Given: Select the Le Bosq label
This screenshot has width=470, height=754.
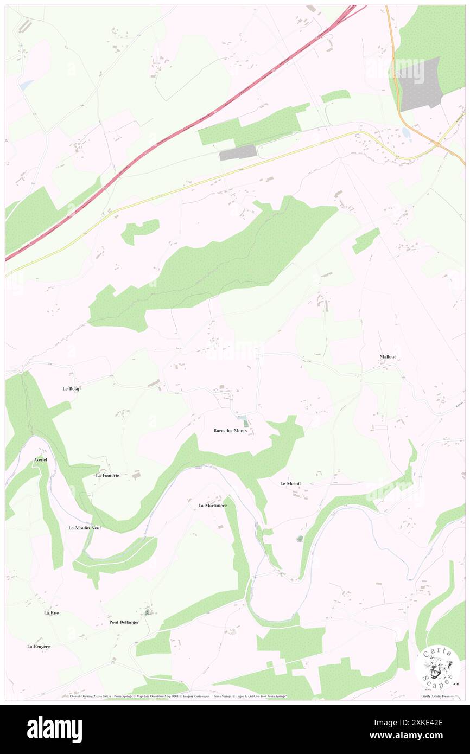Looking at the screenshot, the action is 71,389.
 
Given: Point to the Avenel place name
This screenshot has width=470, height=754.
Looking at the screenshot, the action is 41,459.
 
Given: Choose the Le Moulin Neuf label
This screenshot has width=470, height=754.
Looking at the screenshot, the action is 85,528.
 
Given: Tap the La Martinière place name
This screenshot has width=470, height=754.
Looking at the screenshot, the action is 212,506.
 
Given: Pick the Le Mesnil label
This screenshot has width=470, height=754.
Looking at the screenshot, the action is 290,483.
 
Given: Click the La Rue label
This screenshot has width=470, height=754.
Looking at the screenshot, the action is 52,612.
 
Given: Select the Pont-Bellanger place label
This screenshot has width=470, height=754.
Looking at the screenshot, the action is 124,622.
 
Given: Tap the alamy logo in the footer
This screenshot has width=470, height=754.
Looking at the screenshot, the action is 54,729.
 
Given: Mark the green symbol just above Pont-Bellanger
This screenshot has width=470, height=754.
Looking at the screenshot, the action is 148,612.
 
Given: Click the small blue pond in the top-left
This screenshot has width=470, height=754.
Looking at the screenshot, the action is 26,85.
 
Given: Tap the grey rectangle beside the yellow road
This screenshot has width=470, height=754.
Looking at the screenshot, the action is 238,152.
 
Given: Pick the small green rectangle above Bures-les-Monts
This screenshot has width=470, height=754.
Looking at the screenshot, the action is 245,423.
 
